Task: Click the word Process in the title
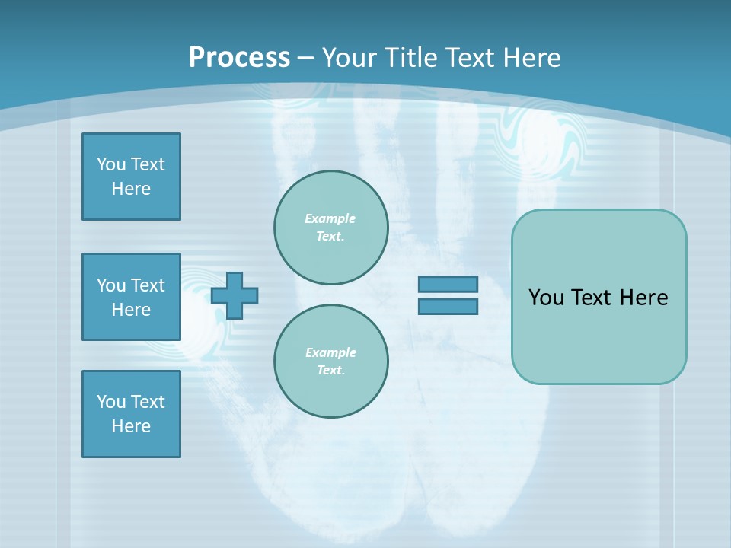239,58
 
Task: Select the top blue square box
131,177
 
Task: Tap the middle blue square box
131,297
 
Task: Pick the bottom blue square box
131,414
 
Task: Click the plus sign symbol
235,295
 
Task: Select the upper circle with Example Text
331,228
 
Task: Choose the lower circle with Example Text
331,362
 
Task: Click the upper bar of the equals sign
448,285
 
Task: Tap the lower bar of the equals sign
448,307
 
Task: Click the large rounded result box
599,297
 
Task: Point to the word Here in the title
531,58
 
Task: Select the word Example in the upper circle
330,219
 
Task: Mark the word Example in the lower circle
330,353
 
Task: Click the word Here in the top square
131,189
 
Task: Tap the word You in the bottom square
110,402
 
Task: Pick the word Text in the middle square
147,285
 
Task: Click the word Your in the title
347,58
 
